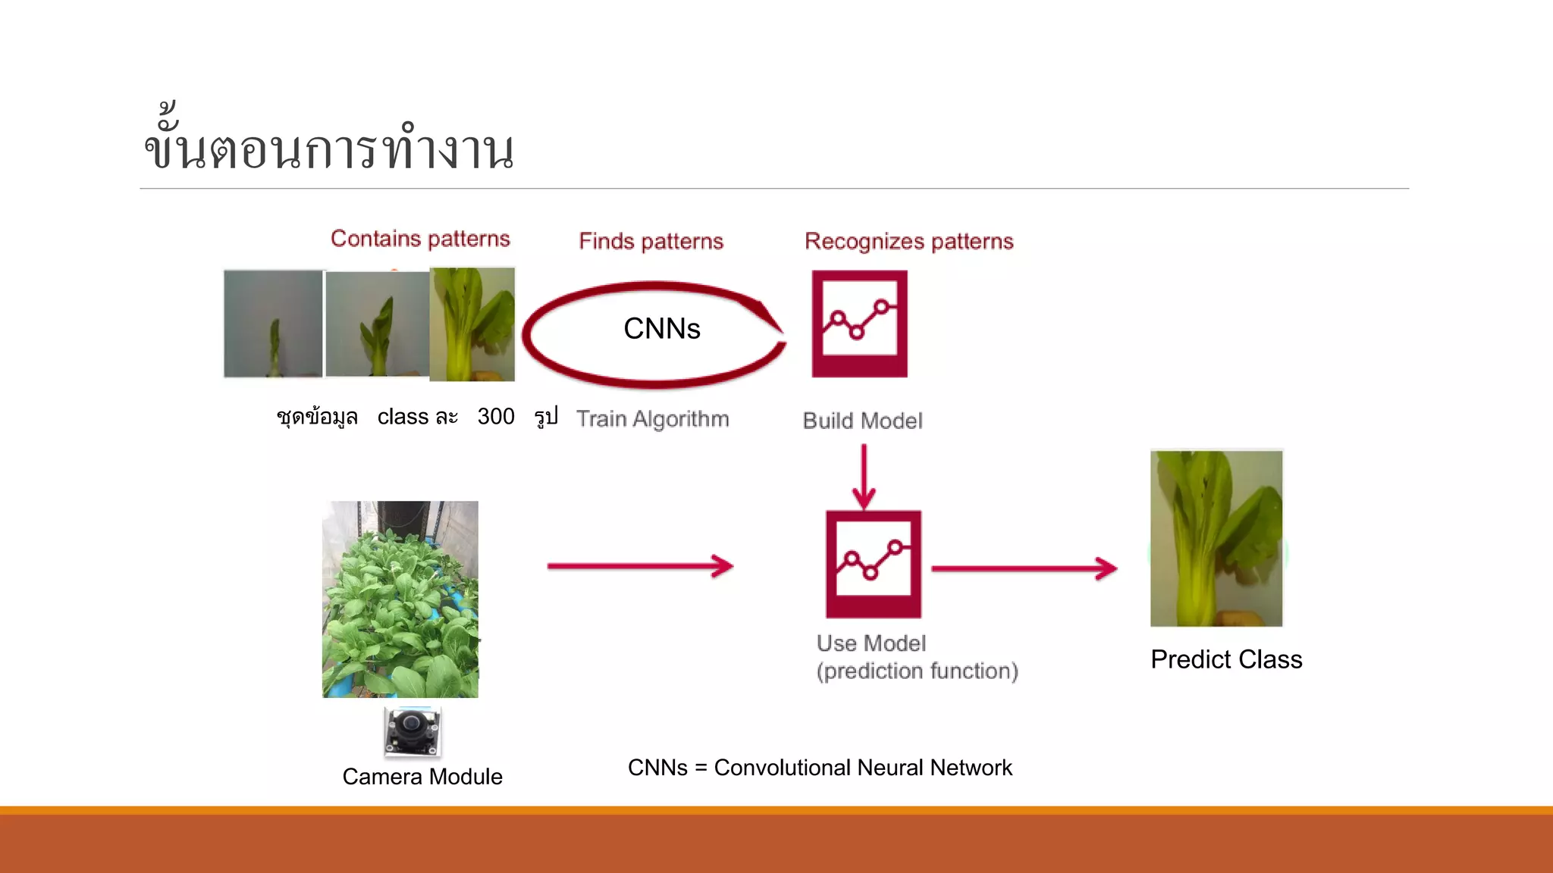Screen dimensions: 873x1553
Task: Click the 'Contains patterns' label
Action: (420, 239)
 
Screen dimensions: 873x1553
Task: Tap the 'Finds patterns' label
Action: (651, 241)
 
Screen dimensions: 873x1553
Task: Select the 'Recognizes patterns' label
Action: (908, 241)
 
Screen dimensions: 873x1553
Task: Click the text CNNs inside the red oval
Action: (661, 329)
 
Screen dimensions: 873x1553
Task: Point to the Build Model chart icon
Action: (859, 324)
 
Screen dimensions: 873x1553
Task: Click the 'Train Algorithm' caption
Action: (652, 419)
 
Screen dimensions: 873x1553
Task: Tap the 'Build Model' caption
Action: (862, 421)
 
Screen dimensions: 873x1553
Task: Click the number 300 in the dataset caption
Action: (496, 417)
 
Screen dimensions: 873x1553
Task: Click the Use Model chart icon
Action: (873, 564)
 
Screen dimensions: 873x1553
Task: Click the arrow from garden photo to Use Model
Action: (640, 566)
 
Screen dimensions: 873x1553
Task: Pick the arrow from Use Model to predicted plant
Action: (1024, 568)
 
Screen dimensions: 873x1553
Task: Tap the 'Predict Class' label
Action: (1225, 659)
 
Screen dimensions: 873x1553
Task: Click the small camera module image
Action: (413, 731)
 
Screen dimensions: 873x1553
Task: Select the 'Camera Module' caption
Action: (422, 777)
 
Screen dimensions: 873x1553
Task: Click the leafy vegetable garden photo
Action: (400, 599)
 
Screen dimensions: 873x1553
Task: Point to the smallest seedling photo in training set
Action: (273, 324)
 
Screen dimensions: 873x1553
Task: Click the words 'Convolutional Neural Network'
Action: (863, 768)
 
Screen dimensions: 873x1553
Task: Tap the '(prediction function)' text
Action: (917, 671)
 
